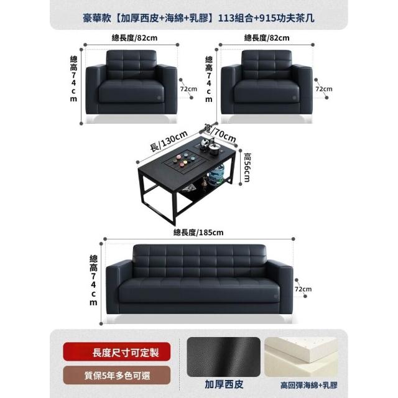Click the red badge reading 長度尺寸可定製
pos(116,352)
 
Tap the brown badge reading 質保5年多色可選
pos(116,376)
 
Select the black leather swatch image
pos(224,357)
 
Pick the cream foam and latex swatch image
pos(301,357)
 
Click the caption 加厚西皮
pos(224,384)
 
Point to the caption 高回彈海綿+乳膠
pos(309,385)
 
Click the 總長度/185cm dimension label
pos(198,233)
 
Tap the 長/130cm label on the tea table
pos(169,141)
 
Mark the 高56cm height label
pos(247,167)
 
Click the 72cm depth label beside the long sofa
pos(303,289)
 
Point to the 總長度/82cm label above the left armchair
pos(134,38)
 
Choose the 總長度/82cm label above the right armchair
pos(267,38)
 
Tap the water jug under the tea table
pos(216,175)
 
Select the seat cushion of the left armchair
pos(131,91)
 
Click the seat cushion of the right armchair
pos(267,91)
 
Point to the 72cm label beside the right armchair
pos(324,89)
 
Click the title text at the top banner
pos(199,18)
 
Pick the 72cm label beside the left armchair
pos(188,89)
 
